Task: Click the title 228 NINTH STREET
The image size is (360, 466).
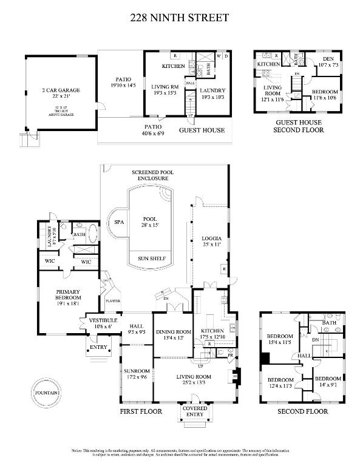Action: (x=180, y=18)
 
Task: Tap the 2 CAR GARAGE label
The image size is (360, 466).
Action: (x=61, y=93)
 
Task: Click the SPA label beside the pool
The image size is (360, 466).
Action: (x=118, y=223)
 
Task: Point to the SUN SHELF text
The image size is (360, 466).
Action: (x=148, y=257)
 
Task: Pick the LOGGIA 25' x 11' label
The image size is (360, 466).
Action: (x=211, y=242)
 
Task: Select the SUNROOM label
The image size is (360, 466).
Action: (x=137, y=373)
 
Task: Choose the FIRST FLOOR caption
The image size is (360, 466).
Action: (x=141, y=411)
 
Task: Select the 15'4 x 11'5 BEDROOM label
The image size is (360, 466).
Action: (x=280, y=339)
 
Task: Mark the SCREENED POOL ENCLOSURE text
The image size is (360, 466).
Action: (x=152, y=176)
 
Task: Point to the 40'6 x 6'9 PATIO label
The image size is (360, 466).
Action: (x=152, y=129)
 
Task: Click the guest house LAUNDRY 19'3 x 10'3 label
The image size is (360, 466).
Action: (x=212, y=93)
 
